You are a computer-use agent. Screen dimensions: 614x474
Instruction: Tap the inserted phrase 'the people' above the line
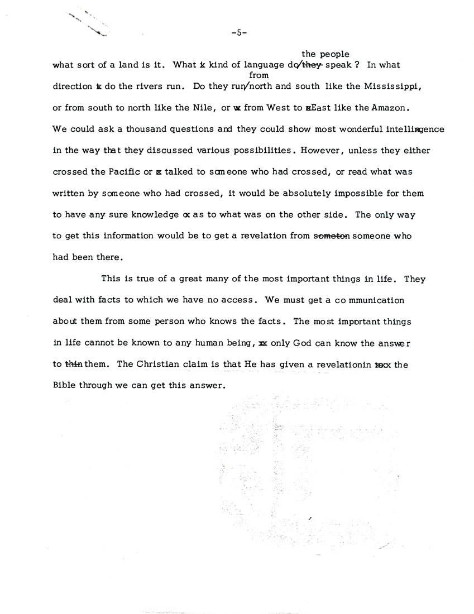(325, 54)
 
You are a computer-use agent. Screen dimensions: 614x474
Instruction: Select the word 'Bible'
(64, 385)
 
